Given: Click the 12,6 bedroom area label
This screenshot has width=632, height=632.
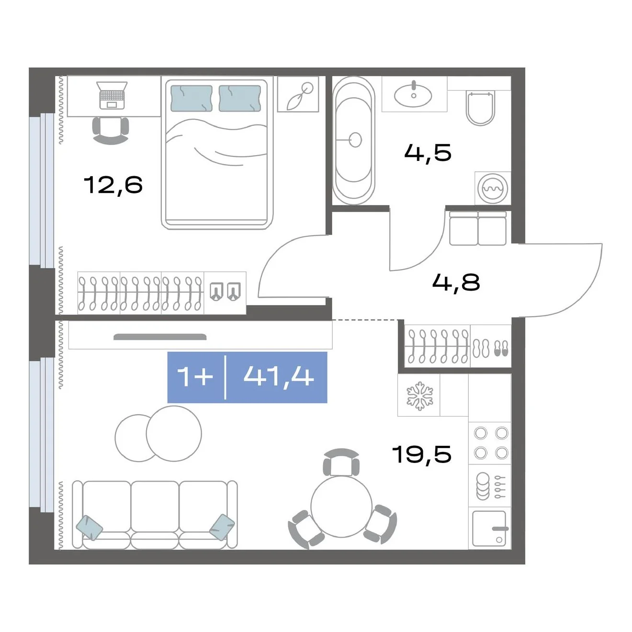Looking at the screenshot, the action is point(113,185).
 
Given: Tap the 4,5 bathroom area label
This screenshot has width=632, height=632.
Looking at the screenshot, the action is point(428,153).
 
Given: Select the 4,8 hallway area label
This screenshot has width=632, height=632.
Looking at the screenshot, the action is point(456,282).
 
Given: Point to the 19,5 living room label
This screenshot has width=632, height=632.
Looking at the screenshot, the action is point(422,454).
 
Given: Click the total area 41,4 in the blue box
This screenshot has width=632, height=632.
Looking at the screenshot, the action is point(279,376).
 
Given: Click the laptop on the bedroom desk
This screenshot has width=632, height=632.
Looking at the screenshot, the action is point(112,95).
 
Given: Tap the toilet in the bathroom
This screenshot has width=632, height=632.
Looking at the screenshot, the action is point(481,108).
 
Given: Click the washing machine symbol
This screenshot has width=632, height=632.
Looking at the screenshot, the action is point(493,189).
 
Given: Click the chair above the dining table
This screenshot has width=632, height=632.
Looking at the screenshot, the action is point(341,462).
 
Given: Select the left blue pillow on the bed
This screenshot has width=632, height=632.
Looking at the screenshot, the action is point(191,99).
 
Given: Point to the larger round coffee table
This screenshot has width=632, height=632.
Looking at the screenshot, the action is point(174,434).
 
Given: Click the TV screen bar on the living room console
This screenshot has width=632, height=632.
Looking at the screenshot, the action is point(160,337).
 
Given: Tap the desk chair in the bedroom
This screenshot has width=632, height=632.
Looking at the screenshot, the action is point(111,130).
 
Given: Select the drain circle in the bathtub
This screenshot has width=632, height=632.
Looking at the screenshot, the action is point(356,140).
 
